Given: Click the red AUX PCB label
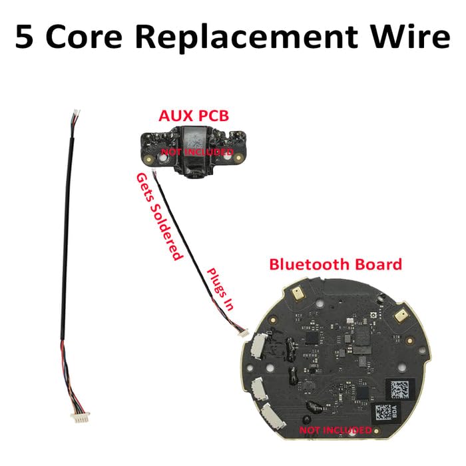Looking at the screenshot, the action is (x=194, y=116).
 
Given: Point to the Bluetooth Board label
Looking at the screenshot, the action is (x=336, y=264).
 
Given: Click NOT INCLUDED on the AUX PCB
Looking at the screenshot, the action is (x=193, y=152).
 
